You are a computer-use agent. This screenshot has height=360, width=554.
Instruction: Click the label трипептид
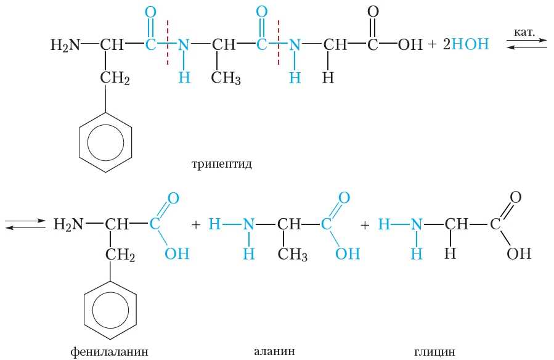[222, 165]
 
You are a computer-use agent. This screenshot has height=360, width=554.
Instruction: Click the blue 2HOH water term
[466, 44]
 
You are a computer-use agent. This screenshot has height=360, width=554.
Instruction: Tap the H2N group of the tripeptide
[65, 44]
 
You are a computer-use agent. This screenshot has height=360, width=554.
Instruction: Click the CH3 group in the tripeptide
[225, 78]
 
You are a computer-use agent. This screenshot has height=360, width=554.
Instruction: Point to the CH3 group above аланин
[292, 255]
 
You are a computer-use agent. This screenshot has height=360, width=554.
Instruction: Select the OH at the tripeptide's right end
[410, 45]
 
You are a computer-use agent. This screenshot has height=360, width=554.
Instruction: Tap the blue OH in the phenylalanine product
[177, 254]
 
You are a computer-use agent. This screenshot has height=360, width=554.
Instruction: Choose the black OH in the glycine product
[518, 254]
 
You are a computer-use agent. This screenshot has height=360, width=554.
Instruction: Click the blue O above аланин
[344, 198]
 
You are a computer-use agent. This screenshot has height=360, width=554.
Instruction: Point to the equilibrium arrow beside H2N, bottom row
[25, 224]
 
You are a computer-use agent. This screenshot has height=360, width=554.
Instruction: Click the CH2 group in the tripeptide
[115, 78]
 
